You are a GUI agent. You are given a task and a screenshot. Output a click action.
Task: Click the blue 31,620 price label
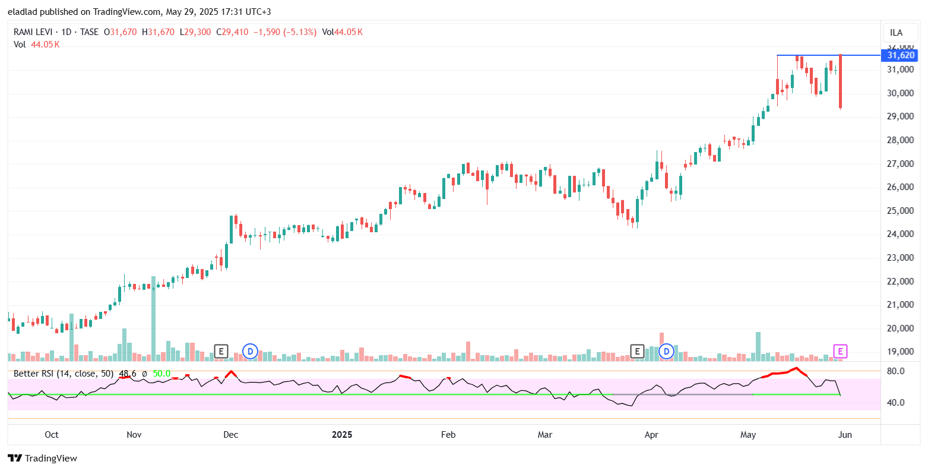coord(901,55)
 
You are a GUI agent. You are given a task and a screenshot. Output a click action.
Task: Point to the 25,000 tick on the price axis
coord(901,211)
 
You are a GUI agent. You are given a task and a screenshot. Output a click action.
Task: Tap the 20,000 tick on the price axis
coord(901,328)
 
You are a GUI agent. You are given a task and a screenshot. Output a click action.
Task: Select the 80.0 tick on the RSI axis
coord(896,371)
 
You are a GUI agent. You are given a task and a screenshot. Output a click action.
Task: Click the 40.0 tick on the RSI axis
coord(896,403)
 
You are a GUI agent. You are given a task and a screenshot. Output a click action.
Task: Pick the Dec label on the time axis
coord(230,435)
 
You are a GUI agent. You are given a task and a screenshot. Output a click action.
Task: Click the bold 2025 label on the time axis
coord(342,435)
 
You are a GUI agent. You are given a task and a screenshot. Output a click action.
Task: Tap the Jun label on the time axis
coord(844,435)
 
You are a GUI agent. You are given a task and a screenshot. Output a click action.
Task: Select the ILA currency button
coord(896,33)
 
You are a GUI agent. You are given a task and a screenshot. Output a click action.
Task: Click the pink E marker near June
coord(840,351)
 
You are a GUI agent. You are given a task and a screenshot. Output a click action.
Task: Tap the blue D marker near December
coord(250,351)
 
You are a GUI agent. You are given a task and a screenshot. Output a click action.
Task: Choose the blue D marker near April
coord(666,351)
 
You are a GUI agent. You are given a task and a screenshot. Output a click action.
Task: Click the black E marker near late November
coord(221,351)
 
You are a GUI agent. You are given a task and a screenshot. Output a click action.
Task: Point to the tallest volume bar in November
coord(153,318)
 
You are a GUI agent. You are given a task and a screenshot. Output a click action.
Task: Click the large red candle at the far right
coord(841,81)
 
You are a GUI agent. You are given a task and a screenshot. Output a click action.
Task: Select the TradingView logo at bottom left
coord(43,458)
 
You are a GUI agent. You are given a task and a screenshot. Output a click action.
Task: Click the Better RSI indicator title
coord(64,374)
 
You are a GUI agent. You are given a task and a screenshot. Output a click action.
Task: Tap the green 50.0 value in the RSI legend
coord(161,374)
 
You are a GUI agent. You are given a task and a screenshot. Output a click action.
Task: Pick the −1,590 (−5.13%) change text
coord(284,32)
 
